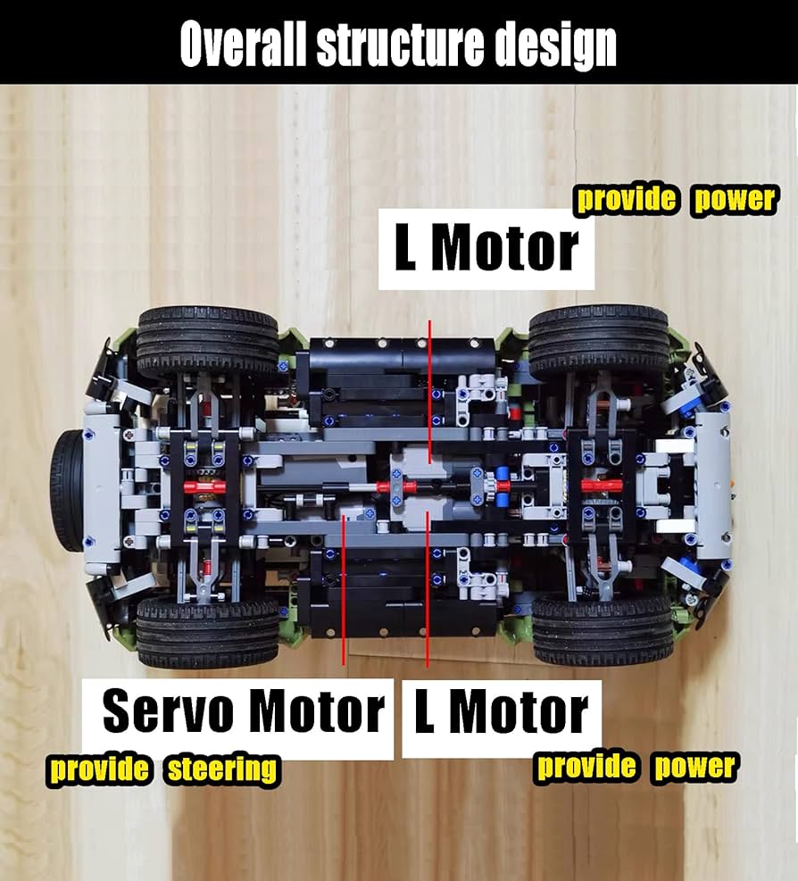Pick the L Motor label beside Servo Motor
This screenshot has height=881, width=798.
pyautogui.click(x=501, y=713)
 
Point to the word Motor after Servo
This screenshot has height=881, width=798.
pyautogui.click(x=316, y=712)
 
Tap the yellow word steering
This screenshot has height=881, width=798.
pyautogui.click(x=222, y=769)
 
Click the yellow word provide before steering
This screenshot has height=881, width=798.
pyautogui.click(x=100, y=769)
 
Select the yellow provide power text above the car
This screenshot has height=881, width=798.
pyautogui.click(x=676, y=198)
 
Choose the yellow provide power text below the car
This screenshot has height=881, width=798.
pyautogui.click(x=636, y=767)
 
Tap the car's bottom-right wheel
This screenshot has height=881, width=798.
pyautogui.click(x=603, y=628)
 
